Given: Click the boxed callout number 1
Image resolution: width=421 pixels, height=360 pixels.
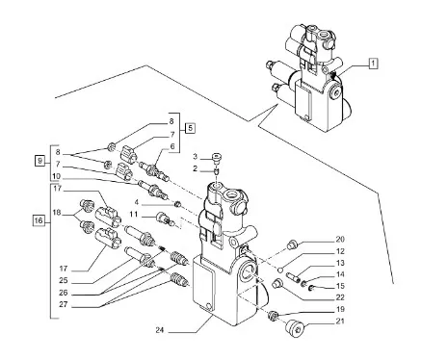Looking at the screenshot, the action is pos(373,64).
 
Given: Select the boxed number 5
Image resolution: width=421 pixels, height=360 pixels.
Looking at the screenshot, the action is pos(190,128).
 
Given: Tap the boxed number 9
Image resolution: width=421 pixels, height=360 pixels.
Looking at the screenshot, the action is pos(39,160).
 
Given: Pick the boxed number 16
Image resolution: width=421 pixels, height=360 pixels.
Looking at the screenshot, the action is pos(39,220).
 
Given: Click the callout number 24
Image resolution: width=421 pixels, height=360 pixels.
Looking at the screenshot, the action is pos(160,330).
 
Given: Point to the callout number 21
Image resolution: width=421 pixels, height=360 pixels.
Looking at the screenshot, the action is pos(340,321).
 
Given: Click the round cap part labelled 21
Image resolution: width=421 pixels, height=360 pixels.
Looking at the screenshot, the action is pos(295,328).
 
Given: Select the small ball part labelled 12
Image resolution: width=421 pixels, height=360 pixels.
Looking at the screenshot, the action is pos(280,270).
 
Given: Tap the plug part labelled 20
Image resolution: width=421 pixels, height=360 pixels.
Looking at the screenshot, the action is pos(293,244).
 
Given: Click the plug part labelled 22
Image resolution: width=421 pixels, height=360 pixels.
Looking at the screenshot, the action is pos(276,284).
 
